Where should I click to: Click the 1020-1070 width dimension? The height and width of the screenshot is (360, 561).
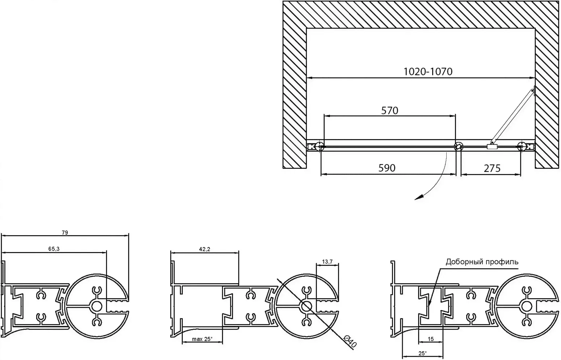click(x=428, y=72)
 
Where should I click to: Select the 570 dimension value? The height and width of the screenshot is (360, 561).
click(x=390, y=110)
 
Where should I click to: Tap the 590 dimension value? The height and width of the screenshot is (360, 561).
click(x=387, y=168)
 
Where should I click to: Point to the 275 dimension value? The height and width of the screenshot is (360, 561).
click(x=492, y=168)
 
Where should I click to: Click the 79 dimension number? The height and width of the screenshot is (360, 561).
click(x=65, y=233)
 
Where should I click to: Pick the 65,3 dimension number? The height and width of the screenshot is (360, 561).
click(x=54, y=249)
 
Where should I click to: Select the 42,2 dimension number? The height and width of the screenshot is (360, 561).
click(x=204, y=249)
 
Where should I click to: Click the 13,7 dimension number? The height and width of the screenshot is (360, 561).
click(x=327, y=262)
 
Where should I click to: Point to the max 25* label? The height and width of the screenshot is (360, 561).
click(x=202, y=339)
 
